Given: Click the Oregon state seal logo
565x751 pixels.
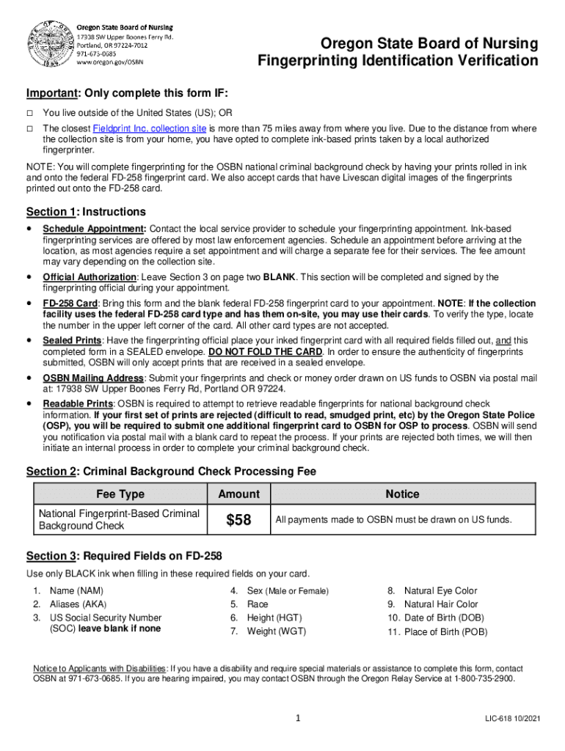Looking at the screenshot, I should click(50, 43).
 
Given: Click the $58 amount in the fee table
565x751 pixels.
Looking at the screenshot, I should click(238, 520).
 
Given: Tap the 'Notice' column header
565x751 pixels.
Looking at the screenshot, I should click(402, 494).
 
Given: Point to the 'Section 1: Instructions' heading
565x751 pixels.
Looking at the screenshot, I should click(86, 212).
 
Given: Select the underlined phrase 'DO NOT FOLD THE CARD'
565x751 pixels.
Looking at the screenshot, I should click(264, 352).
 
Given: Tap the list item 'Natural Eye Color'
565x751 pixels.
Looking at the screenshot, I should click(440, 590).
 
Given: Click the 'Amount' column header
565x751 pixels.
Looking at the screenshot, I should click(238, 494).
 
